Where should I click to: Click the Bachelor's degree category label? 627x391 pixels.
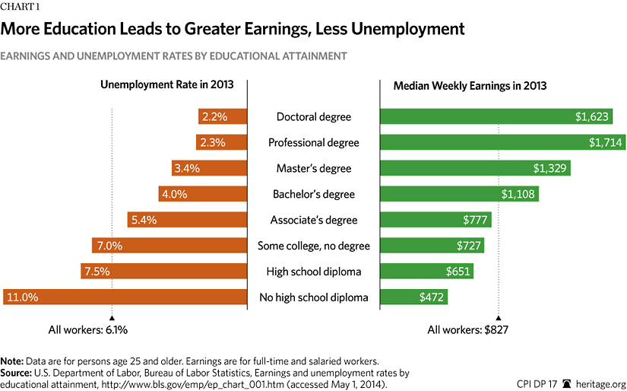[x=314, y=194]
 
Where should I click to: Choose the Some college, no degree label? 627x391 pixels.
[x=314, y=246]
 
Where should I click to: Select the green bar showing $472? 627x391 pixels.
[x=414, y=297]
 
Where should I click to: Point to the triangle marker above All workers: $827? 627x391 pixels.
[x=499, y=317]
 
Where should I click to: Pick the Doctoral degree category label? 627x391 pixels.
[x=314, y=116]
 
